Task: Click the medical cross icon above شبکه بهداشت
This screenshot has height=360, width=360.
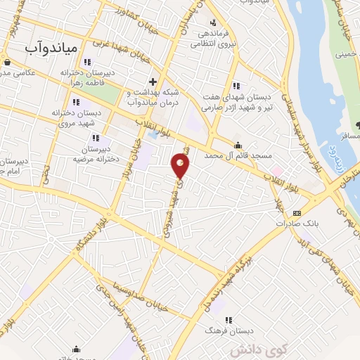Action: click(x=153, y=81)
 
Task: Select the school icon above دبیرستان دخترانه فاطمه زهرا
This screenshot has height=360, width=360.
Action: click(x=87, y=61)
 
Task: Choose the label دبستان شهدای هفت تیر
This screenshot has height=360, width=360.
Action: click(x=236, y=101)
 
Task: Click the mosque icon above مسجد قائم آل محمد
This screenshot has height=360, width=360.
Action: click(x=238, y=145)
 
